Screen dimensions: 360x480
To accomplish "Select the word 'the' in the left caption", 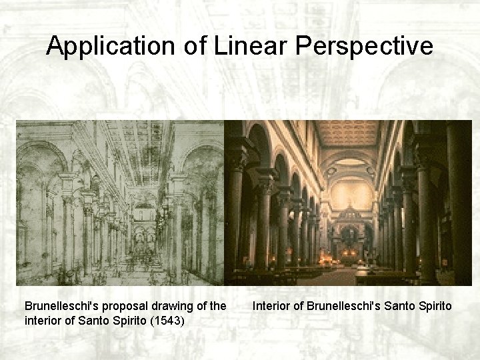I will pyautogui.click(x=213, y=306).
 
